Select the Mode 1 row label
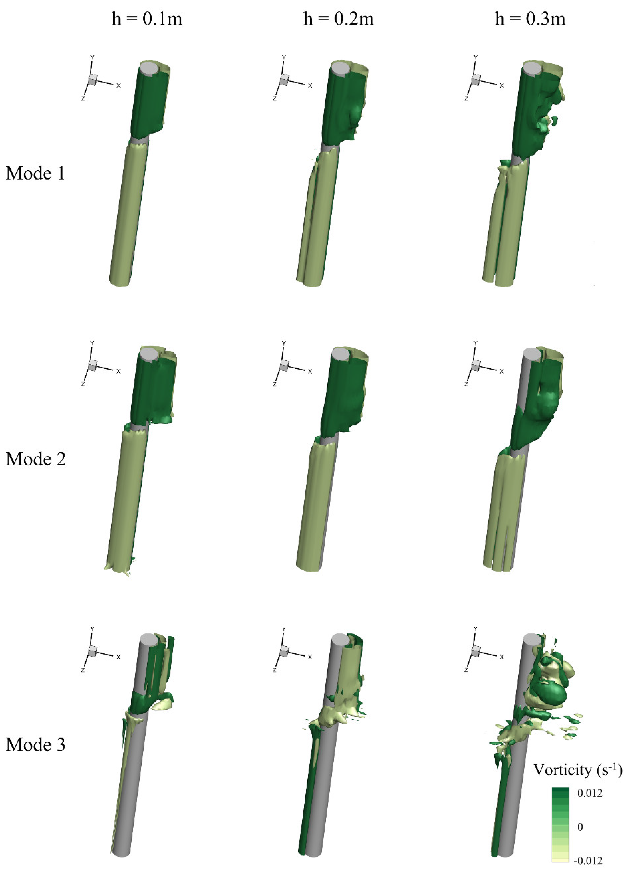[x=35, y=173]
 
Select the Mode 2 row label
[x=35, y=459]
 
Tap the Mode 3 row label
[x=35, y=745]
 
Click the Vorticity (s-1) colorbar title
[x=578, y=770]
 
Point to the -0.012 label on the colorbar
[x=588, y=861]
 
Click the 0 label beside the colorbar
[x=580, y=827]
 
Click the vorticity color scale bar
[x=560, y=827]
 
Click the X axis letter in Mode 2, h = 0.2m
[x=310, y=371]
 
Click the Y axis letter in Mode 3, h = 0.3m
[x=476, y=629]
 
